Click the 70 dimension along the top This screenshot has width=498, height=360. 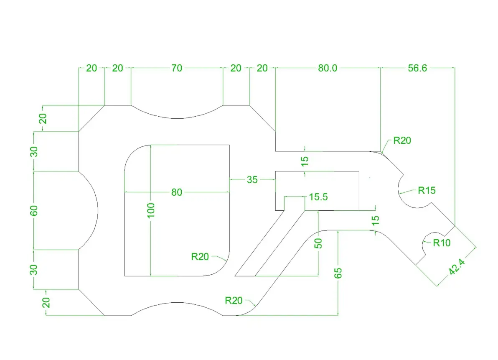click(x=177, y=68)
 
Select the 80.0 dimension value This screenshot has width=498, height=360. click(x=328, y=68)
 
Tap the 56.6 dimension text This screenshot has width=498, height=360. click(x=417, y=68)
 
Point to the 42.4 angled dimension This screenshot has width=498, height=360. click(x=457, y=267)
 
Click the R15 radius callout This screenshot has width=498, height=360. click(x=427, y=190)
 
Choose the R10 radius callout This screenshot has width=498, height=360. click(x=442, y=243)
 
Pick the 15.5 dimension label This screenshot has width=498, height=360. click(x=318, y=197)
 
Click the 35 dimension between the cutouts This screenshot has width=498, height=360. click(x=252, y=180)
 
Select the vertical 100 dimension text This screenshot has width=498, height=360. click(x=151, y=210)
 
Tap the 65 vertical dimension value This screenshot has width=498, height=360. click(x=338, y=273)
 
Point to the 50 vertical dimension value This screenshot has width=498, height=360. click(x=318, y=243)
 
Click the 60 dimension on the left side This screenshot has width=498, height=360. click(x=34, y=211)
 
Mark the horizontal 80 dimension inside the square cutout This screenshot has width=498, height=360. click(x=177, y=192)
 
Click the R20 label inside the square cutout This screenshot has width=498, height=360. click(x=200, y=256)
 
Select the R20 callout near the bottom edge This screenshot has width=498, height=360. click(x=234, y=300)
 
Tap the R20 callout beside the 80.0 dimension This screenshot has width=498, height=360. click(x=402, y=140)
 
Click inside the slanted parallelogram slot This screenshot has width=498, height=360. click(x=269, y=243)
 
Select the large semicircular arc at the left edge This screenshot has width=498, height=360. click(x=98, y=210)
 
